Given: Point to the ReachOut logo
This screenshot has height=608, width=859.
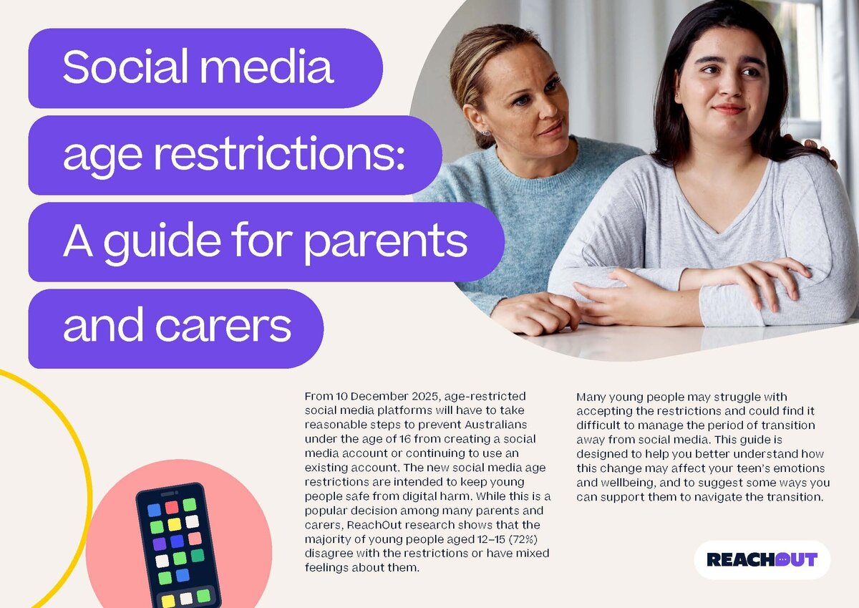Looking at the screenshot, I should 762,559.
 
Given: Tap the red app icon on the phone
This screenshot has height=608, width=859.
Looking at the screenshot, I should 172,507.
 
